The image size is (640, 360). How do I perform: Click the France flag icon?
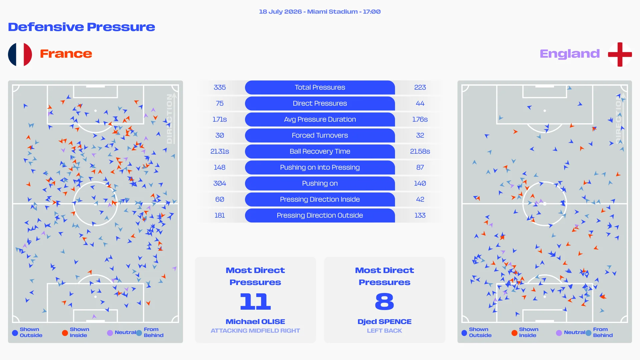(20, 54)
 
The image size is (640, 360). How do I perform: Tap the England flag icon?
(620, 54)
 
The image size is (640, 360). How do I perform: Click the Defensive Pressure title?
(82, 27)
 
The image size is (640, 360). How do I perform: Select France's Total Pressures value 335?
(220, 87)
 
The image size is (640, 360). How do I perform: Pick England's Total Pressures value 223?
(420, 87)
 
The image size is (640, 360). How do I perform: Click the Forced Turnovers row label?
(320, 135)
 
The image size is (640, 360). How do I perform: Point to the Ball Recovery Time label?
(320, 151)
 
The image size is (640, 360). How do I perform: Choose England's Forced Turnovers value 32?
(420, 135)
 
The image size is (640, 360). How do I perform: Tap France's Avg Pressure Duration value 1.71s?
(220, 119)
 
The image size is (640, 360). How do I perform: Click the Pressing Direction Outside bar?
(320, 215)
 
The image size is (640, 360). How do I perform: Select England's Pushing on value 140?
(420, 183)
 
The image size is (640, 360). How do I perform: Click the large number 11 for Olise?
(255, 301)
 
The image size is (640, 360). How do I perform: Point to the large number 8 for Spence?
(384, 301)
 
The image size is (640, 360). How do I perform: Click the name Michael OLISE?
(255, 322)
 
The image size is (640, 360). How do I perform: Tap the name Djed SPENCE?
(384, 322)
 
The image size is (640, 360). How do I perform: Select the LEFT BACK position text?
(384, 331)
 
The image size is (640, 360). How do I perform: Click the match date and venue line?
(320, 12)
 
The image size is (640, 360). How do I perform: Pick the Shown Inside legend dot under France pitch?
(65, 333)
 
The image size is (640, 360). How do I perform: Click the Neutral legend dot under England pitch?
(559, 333)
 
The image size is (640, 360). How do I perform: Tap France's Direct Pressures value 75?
(220, 103)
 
